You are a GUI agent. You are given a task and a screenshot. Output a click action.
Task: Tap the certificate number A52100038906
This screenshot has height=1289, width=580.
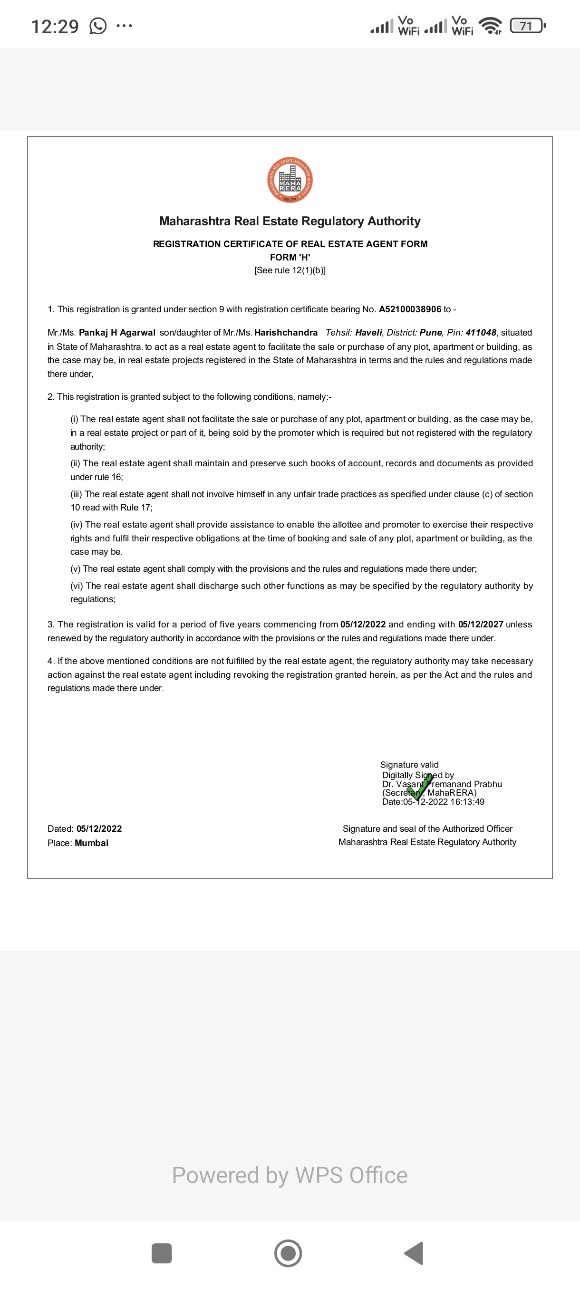pos(410,309)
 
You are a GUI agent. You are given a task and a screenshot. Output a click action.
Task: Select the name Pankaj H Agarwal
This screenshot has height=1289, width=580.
pos(117,333)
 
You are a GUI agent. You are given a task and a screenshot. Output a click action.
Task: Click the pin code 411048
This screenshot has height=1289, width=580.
pos(481,333)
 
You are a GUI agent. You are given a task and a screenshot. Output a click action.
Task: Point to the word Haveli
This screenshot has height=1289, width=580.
pos(368,333)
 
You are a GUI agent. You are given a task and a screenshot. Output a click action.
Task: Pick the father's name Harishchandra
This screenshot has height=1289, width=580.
pos(286,333)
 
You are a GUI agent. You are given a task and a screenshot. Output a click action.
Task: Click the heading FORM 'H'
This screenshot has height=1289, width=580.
pos(290,257)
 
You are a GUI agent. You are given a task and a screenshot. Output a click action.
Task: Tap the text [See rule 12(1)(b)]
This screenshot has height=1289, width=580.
pos(290,270)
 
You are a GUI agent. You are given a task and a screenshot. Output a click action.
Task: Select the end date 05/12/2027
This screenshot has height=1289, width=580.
pos(481,625)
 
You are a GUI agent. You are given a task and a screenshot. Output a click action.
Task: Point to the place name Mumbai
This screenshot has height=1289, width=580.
pos(92,843)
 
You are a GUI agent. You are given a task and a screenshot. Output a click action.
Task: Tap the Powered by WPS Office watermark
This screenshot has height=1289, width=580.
pos(290,1175)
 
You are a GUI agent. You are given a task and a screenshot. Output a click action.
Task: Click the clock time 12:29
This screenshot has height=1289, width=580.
pos(55,26)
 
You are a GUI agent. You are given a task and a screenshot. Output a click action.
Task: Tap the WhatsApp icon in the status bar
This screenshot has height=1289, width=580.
pos(98,26)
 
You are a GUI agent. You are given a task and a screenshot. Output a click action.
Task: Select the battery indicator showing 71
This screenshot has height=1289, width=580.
pos(526,26)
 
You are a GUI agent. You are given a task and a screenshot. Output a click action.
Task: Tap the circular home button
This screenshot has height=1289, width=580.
pos(288,1253)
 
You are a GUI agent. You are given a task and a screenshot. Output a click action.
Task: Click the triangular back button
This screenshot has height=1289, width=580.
pos(415,1253)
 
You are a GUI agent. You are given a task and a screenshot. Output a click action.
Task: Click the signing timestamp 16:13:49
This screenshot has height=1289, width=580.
pos(467,802)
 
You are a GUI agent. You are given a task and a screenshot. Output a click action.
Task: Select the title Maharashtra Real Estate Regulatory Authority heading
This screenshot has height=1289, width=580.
pos(290,221)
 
